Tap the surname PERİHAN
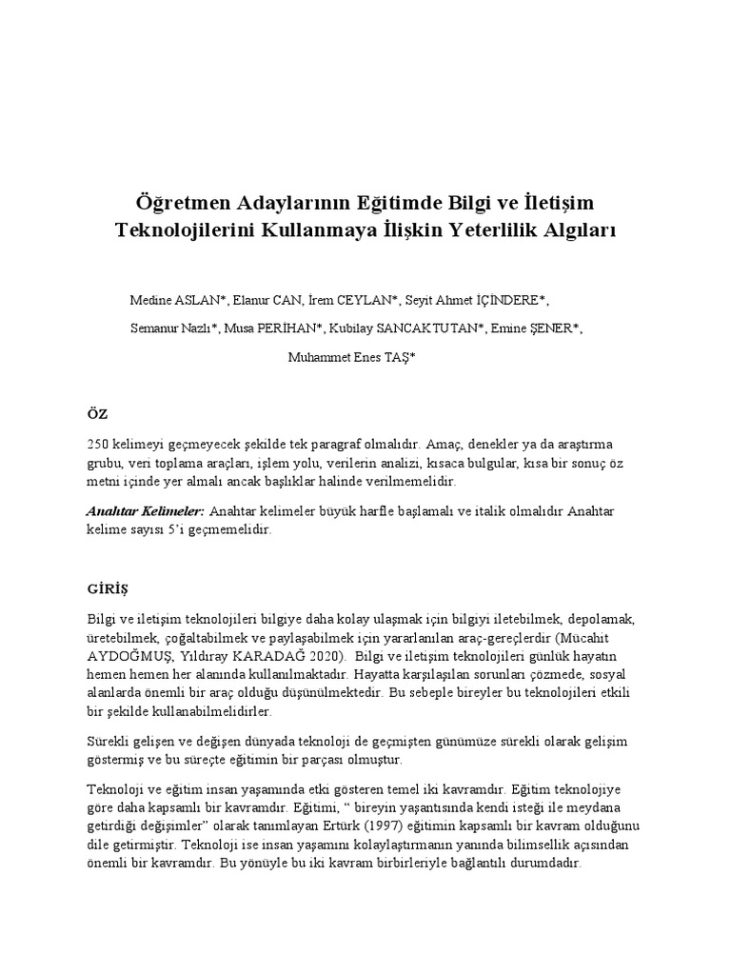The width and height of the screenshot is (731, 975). pos(289,328)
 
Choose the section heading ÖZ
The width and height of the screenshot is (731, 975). pos(97,414)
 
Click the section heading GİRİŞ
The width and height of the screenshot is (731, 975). pos(107,578)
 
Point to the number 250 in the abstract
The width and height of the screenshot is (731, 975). pos(98,445)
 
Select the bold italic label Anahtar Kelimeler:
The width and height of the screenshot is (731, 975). pos(146,511)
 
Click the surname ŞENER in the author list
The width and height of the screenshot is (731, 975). pos(552,328)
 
